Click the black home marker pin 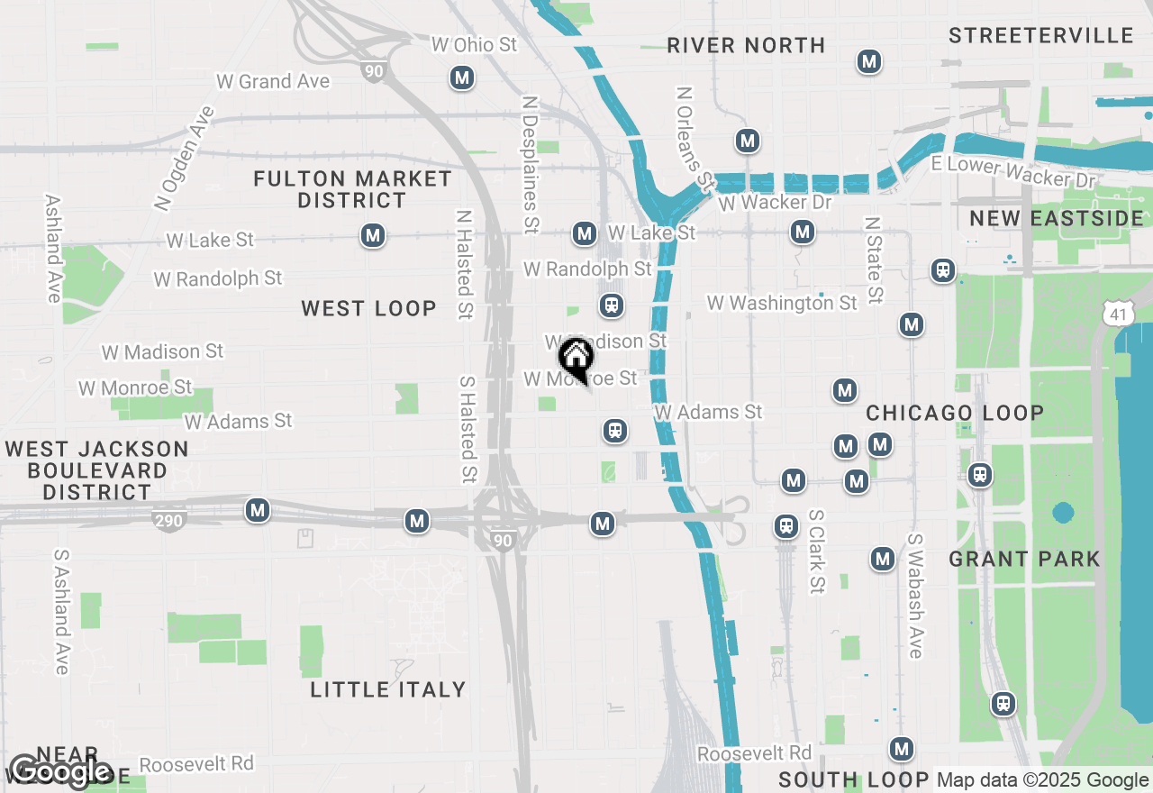point(576,358)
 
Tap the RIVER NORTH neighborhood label point(746,45)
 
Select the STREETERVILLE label point(1040,35)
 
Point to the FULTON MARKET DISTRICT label point(352,189)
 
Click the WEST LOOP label point(368,308)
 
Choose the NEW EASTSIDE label point(1056,218)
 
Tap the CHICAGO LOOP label point(955,414)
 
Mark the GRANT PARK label point(1024,559)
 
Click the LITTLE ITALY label point(388,689)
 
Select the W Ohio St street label point(474,44)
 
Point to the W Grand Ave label point(273,81)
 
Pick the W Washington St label point(782,303)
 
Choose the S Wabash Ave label point(915,596)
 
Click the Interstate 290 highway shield point(169,520)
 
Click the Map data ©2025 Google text point(1042,780)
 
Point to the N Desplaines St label point(531,162)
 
